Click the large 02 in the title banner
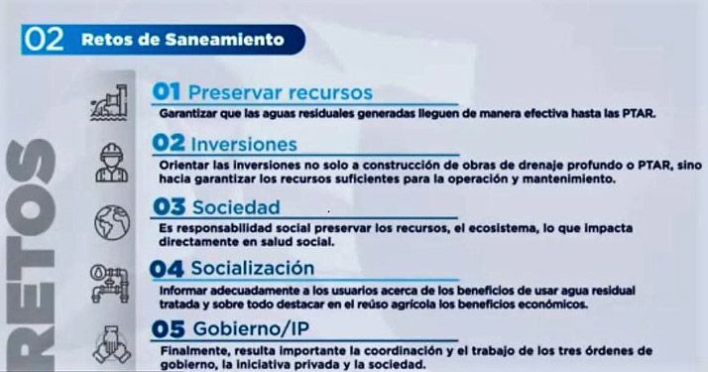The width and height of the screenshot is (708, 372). tap(44, 40)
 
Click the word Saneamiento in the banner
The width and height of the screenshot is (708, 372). tap(224, 40)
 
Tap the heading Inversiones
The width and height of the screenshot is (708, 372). tap(244, 145)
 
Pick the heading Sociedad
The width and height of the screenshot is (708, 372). tap(236, 207)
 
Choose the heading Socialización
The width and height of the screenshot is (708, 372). tap(253, 268)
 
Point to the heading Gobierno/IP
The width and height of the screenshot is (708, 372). tap(251, 329)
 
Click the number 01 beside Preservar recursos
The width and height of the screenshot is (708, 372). tap(167, 91)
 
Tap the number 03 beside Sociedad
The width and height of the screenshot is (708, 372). tap(169, 207)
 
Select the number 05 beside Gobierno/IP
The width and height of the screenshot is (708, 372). tap(168, 329)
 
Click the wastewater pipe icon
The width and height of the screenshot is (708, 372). tap(109, 102)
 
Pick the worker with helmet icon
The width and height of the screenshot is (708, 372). tap(111, 163)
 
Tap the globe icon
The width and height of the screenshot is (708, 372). tap(112, 222)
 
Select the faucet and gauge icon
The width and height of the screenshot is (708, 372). tap(110, 284)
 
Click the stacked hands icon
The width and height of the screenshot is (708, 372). tap(111, 344)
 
